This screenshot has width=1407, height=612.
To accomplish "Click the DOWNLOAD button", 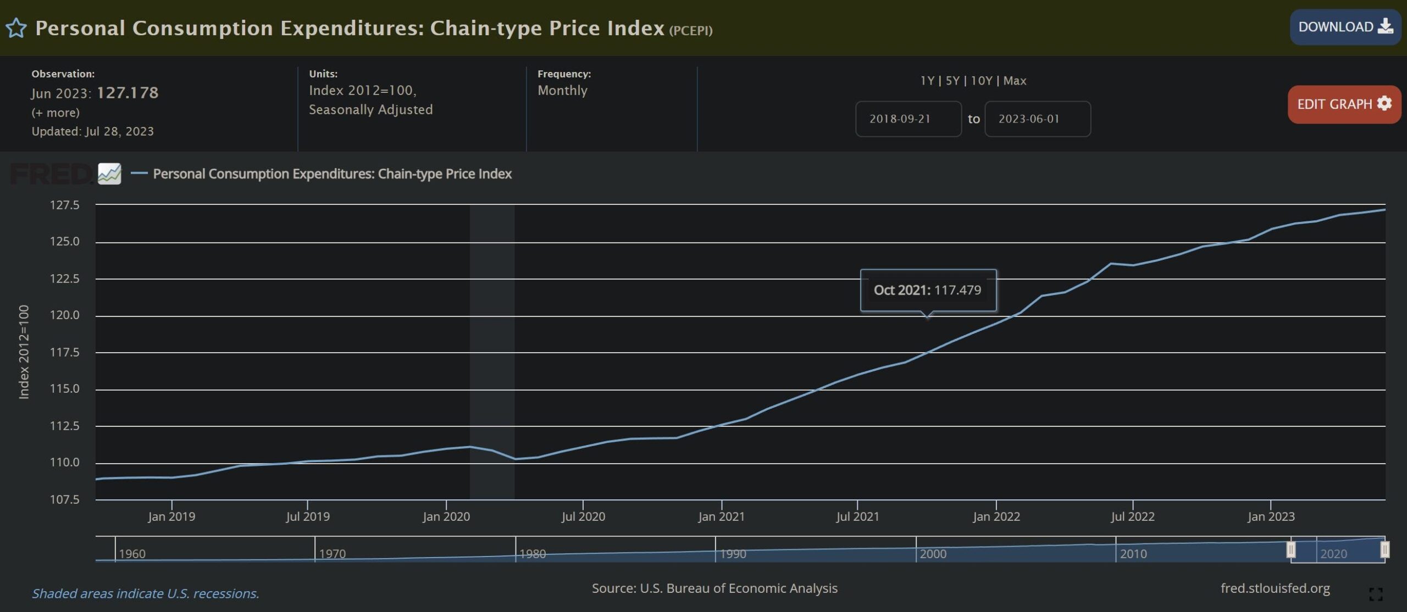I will click(x=1344, y=27).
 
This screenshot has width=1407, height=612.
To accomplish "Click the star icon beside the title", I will click(x=16, y=28).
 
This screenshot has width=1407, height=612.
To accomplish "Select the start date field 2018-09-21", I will click(x=908, y=119).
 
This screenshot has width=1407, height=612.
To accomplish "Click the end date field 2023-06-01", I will click(x=1037, y=119).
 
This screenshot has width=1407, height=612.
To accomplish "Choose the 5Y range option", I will click(x=952, y=81).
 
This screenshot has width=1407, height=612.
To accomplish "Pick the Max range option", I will click(x=1015, y=81).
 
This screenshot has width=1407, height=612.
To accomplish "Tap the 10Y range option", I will click(x=981, y=81).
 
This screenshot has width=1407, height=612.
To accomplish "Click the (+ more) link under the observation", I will click(x=56, y=113).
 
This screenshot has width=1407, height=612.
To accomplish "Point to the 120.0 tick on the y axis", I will click(x=64, y=315).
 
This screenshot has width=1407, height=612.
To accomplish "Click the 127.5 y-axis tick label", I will click(x=64, y=205).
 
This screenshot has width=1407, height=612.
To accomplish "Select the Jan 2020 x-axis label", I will click(x=446, y=516).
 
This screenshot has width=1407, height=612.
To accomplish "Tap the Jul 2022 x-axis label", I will click(x=1132, y=516).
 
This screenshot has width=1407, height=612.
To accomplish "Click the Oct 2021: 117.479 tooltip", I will click(x=927, y=290).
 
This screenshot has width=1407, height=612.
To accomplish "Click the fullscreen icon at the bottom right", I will click(x=1376, y=594).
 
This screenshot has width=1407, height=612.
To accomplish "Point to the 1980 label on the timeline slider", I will click(x=533, y=554).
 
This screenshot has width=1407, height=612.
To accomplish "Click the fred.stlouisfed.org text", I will click(x=1275, y=588).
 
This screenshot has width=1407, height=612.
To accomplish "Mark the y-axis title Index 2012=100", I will click(x=24, y=352).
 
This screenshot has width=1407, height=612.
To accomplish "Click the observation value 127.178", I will click(x=128, y=93).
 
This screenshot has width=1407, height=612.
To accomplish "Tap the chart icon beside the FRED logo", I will click(x=109, y=174).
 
